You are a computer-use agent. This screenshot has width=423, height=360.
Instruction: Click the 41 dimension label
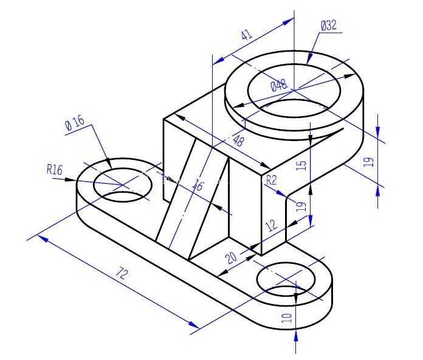tap(247, 35)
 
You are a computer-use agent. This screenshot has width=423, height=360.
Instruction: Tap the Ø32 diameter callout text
tap(329, 26)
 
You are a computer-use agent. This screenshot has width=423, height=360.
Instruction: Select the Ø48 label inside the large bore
tap(279, 86)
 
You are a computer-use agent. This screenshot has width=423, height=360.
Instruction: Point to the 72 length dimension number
tap(121, 274)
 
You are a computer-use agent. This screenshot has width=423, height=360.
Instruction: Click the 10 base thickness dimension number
tap(287, 318)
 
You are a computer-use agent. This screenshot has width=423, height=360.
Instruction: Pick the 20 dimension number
tap(232, 257)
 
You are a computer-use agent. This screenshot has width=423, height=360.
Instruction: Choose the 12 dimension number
tap(271, 225)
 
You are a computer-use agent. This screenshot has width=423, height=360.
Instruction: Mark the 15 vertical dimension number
tap(301, 165)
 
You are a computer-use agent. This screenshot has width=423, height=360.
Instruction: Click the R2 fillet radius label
tap(272, 180)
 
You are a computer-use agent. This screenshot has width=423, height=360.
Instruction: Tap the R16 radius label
tap(55, 170)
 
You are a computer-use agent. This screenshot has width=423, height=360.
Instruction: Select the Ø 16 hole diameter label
tap(75, 123)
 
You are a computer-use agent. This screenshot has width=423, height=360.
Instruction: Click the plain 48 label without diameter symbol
tap(237, 140)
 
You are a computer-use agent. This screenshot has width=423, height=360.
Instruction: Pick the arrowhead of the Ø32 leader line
tap(309, 59)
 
